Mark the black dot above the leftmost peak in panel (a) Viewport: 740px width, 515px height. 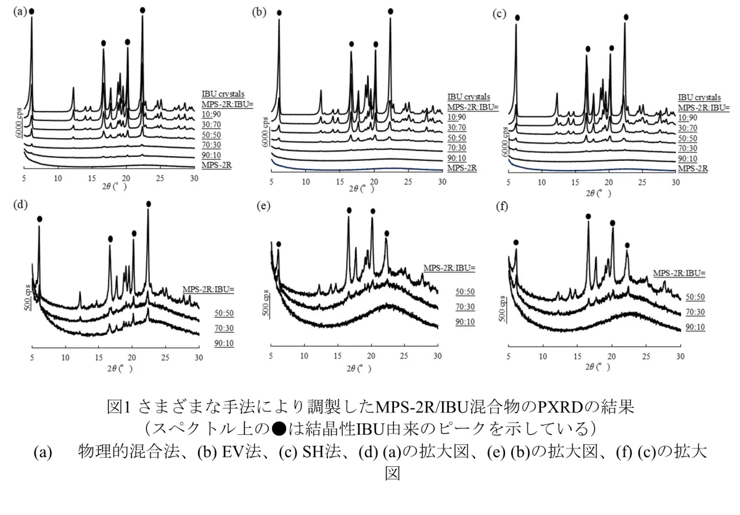tap(31, 11)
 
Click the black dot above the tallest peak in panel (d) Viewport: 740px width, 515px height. tap(149, 204)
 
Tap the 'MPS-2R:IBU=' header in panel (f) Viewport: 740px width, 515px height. tap(679, 273)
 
